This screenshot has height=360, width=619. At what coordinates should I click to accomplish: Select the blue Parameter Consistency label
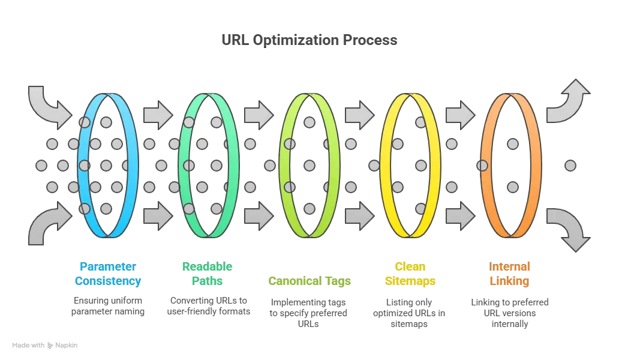(108, 274)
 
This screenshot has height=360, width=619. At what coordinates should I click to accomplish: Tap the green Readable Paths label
(208, 274)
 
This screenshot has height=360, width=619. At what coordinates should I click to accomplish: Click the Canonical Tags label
(309, 281)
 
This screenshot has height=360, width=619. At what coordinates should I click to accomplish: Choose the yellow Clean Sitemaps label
(410, 274)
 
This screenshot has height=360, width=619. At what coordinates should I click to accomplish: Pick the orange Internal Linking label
(510, 274)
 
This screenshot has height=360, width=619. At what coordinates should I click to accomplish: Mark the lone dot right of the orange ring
(570, 164)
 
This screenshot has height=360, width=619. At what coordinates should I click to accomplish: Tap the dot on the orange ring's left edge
(482, 164)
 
